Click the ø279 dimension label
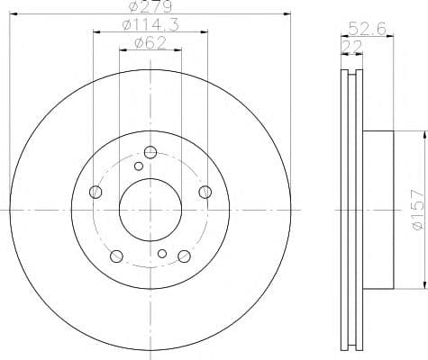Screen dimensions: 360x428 click(150, 7)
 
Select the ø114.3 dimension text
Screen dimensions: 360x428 click(150, 24)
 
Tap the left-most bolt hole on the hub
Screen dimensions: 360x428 click(96, 191)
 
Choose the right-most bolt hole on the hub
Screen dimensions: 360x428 click(205, 191)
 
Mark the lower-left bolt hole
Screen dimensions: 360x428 click(116, 256)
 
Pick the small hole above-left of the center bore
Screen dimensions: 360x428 click(138, 166)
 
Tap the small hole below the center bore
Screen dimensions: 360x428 click(162, 253)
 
